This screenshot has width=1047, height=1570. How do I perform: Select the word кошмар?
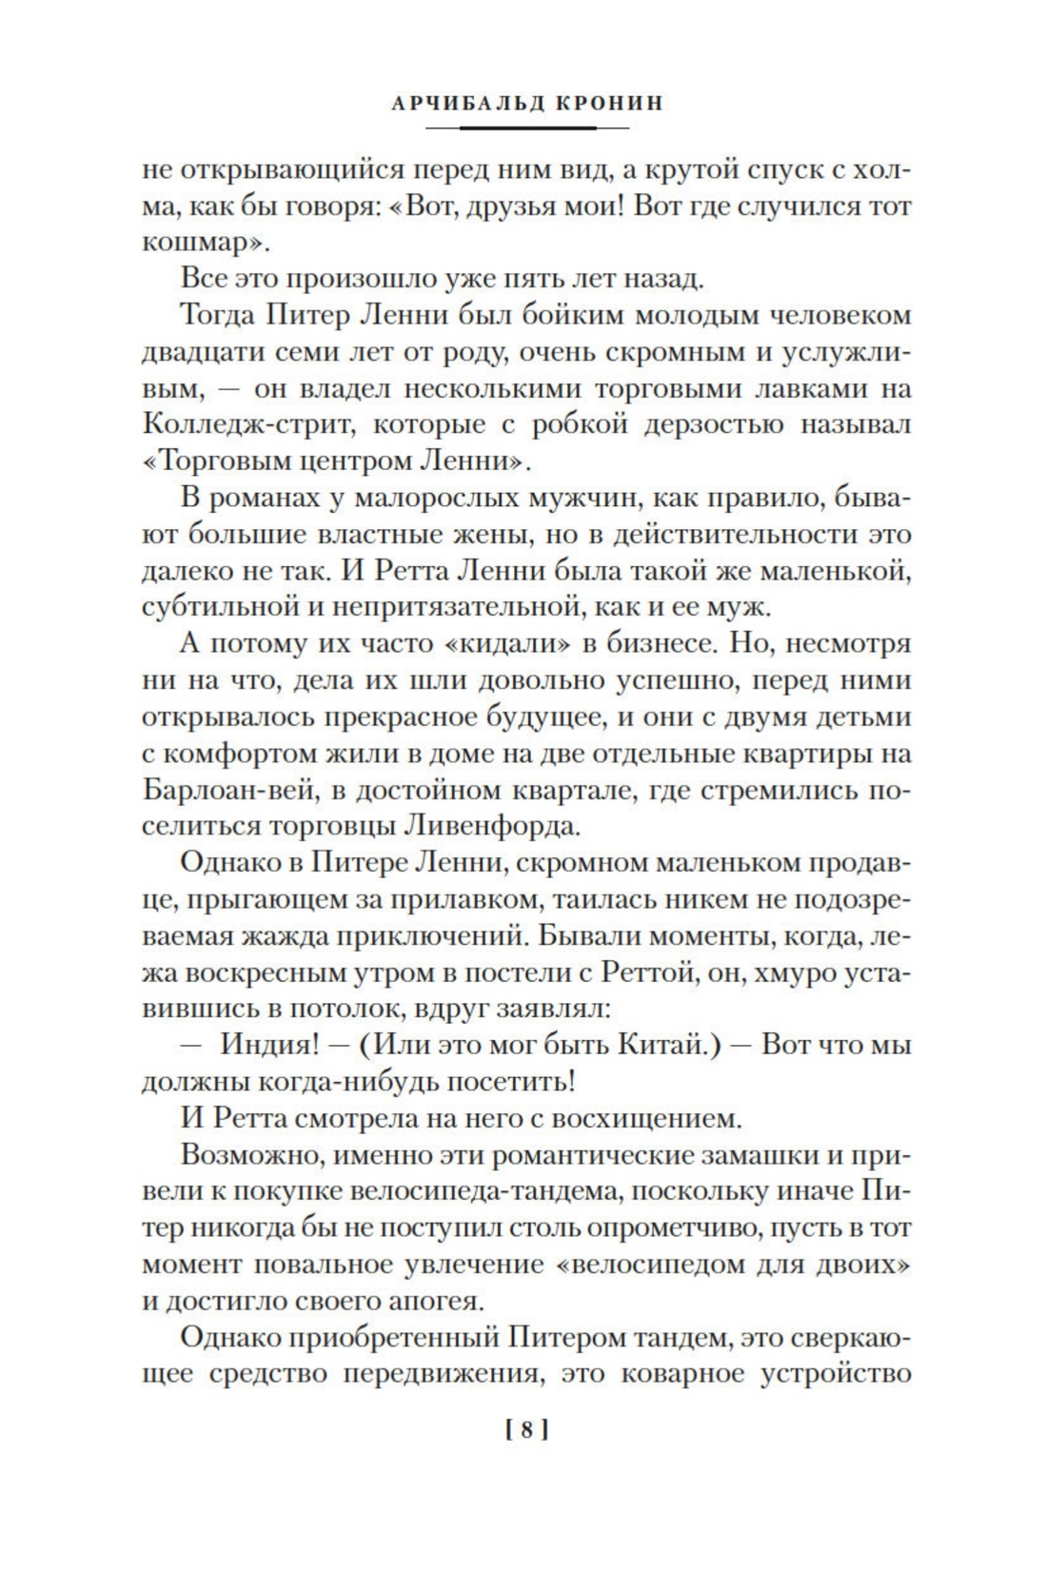[x=199, y=244]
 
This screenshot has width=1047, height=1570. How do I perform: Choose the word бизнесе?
[x=651, y=643]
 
